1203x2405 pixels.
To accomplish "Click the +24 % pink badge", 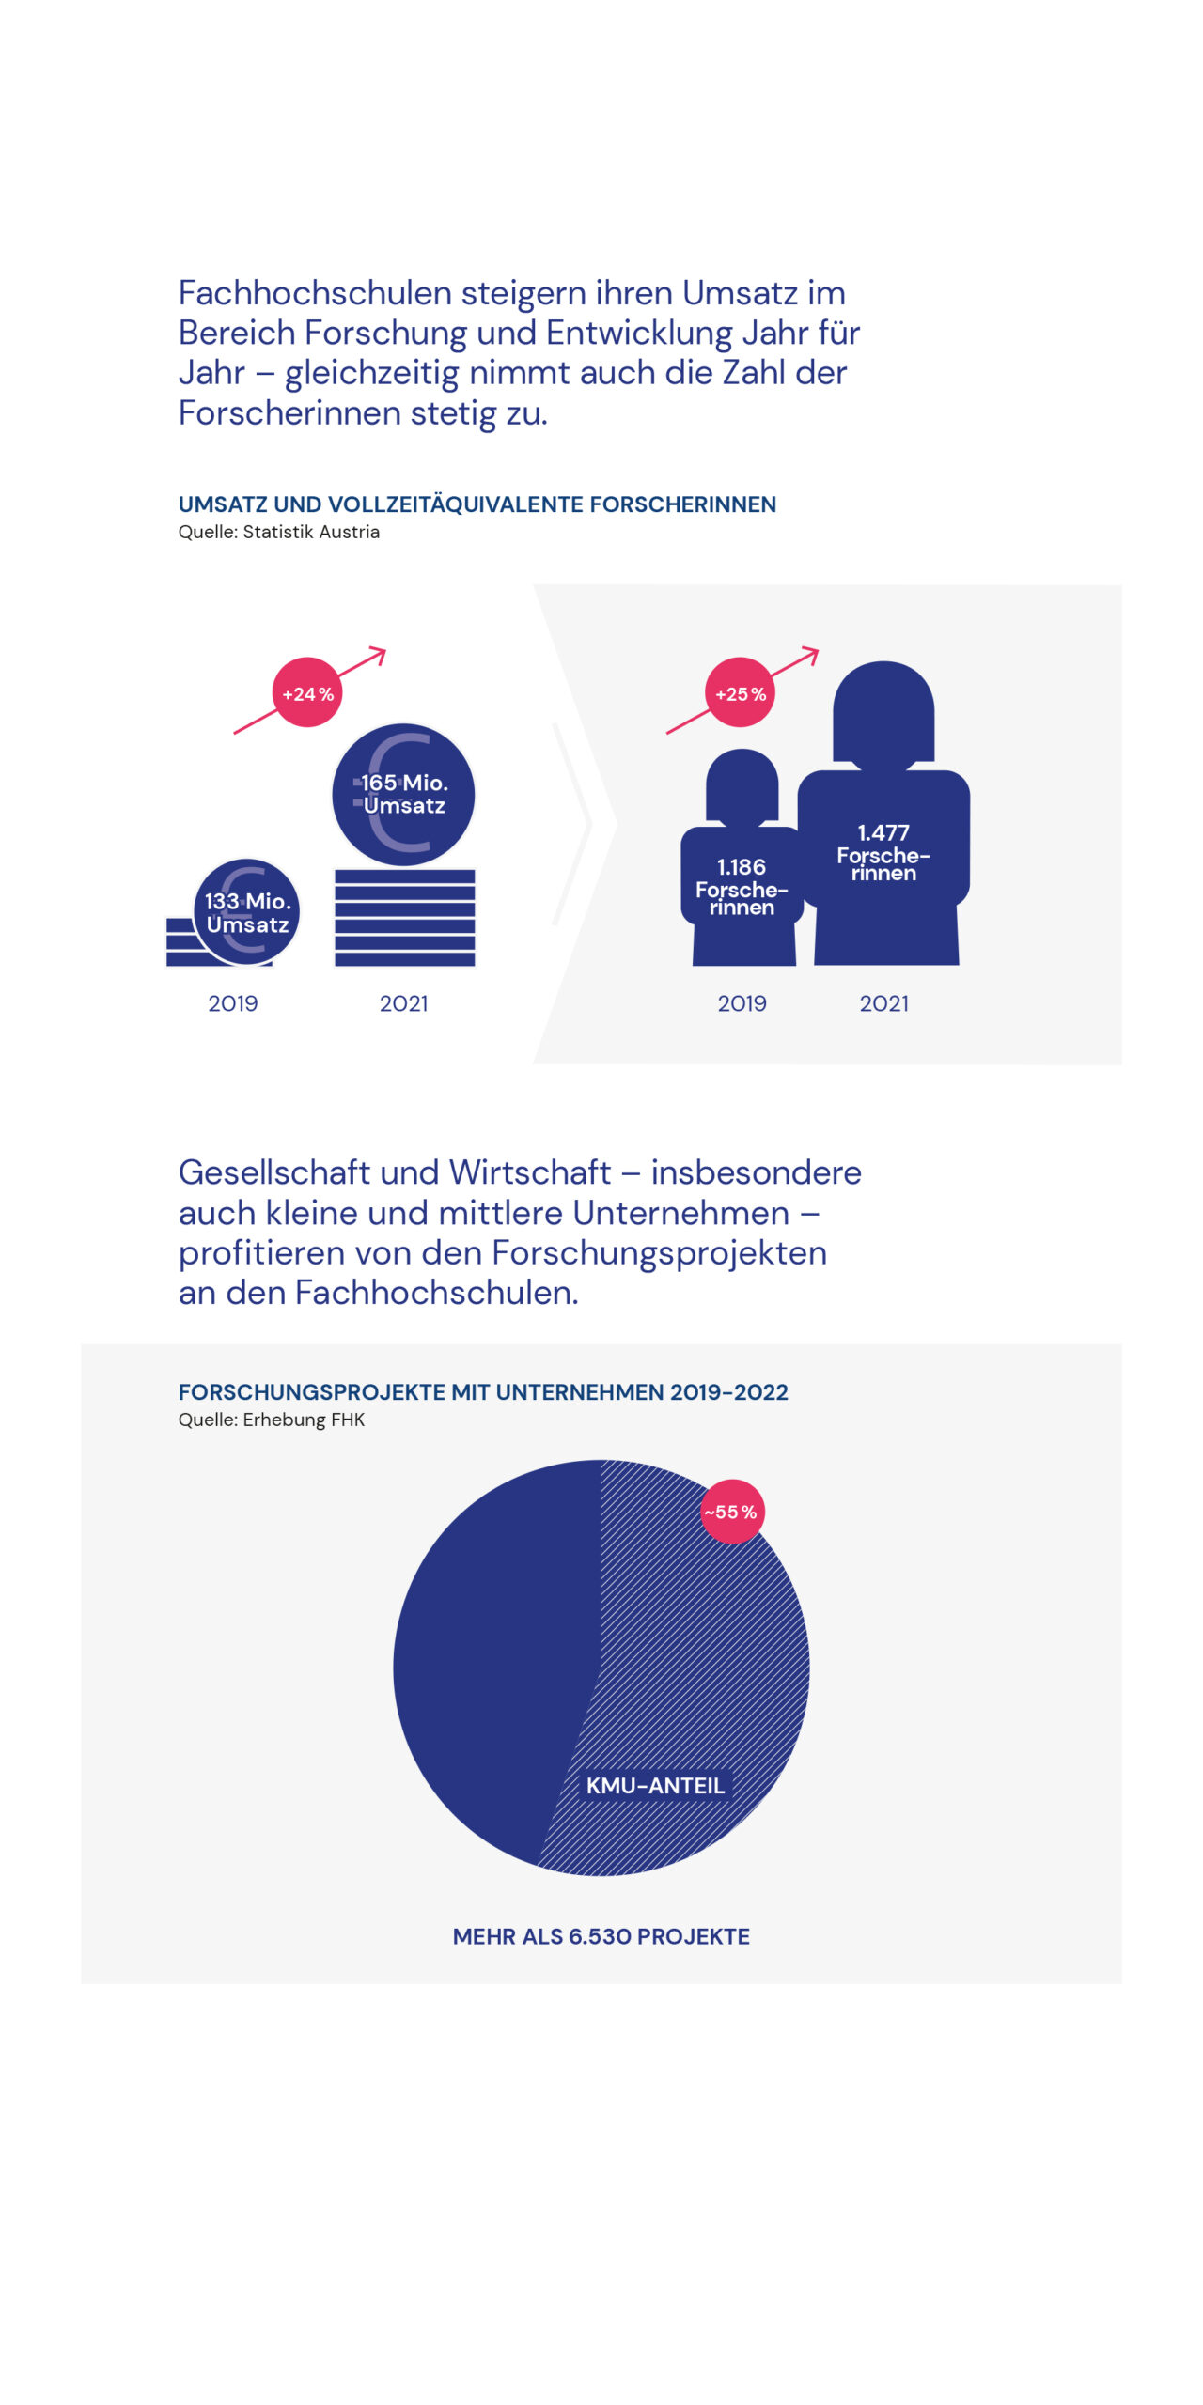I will click(x=307, y=693).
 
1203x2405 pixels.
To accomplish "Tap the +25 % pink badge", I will click(x=741, y=693).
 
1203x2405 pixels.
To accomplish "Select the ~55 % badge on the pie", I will click(x=732, y=1512).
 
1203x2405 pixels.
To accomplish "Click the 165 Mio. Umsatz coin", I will click(x=404, y=795).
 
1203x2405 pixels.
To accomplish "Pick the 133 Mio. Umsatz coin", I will click(x=247, y=912).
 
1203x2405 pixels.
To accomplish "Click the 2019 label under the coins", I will click(x=233, y=1003).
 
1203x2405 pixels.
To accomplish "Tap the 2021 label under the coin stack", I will click(x=404, y=1003).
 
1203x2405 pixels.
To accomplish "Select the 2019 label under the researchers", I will click(x=742, y=1003).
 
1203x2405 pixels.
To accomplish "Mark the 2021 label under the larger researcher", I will click(x=884, y=1003).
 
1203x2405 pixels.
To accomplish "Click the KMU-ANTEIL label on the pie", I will click(x=655, y=1786).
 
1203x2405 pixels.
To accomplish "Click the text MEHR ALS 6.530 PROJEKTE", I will click(x=601, y=1936).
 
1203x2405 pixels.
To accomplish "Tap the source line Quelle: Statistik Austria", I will click(x=279, y=532).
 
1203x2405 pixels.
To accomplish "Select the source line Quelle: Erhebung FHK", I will click(x=272, y=1420).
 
